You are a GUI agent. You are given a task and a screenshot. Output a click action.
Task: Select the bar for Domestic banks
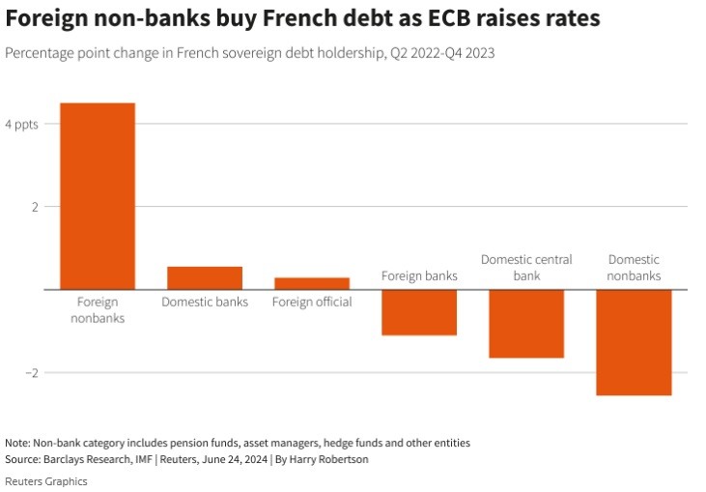point(205,277)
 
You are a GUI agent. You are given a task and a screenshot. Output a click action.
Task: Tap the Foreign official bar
point(312,283)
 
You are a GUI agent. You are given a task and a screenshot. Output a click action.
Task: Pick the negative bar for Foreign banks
point(419,312)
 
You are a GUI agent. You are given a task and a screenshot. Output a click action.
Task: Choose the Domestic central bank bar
point(526,324)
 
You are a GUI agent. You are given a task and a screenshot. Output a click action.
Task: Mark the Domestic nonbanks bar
point(634,342)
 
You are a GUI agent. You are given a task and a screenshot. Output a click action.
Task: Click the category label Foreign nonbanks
point(98,309)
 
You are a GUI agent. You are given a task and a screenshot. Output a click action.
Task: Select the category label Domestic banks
point(205,302)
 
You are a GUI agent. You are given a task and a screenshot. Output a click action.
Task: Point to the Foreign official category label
point(312,302)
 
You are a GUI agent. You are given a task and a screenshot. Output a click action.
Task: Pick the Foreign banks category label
point(419,275)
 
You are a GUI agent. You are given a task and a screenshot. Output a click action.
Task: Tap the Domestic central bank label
point(526,267)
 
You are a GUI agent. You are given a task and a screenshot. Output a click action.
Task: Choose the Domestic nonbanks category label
point(634,267)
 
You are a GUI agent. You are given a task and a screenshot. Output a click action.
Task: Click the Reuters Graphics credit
point(46,480)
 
